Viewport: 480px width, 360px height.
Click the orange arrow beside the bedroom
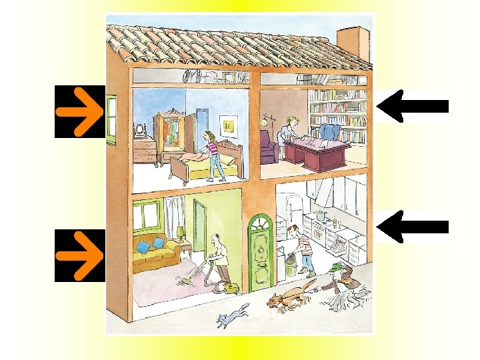point(79,111)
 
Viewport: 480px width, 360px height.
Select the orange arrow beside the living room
point(79,255)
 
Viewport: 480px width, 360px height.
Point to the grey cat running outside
point(232,315)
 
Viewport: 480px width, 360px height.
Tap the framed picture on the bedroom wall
point(229,124)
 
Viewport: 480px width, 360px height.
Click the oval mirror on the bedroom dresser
point(141,129)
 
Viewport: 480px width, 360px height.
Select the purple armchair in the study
point(268,148)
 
